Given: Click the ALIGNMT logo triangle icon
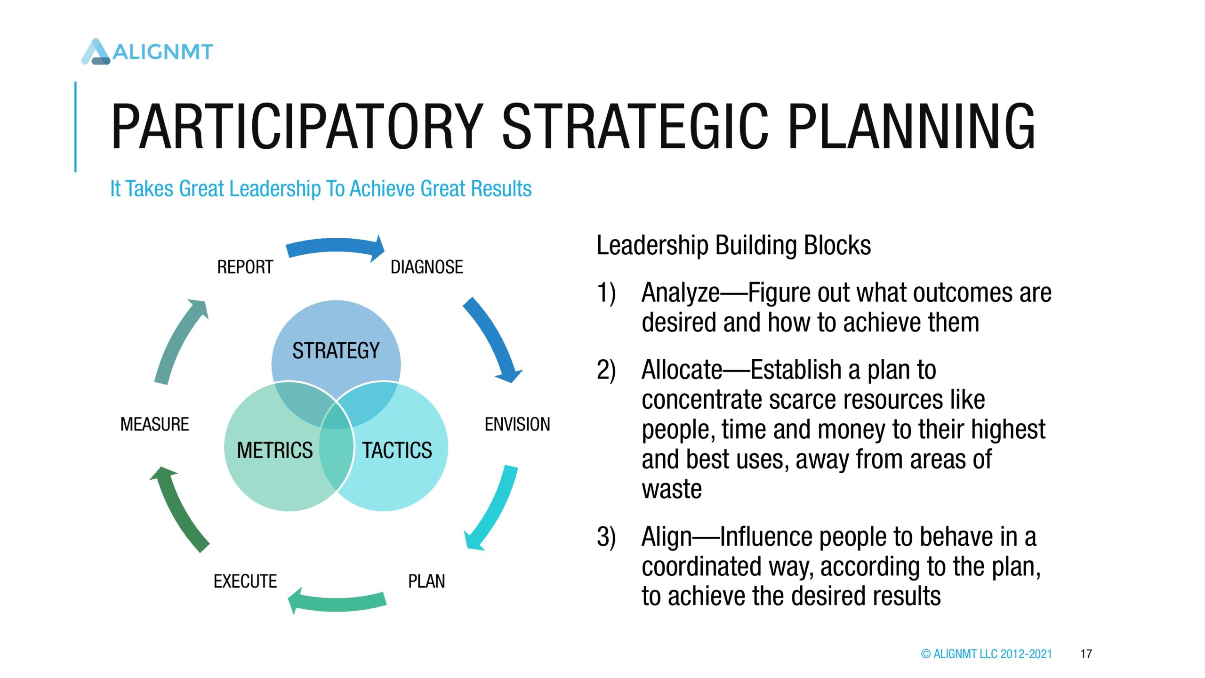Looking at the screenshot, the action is click(96, 52).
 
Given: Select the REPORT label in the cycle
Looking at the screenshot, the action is click(245, 267).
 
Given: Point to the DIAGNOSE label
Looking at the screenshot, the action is click(427, 267).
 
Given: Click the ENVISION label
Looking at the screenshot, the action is click(517, 424).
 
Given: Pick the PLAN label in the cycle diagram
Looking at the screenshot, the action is click(426, 581).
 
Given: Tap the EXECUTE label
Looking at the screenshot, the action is click(245, 581).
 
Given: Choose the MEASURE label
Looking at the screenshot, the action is click(154, 424).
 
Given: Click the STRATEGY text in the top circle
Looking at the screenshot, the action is click(336, 351).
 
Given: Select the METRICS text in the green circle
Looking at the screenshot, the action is click(275, 451).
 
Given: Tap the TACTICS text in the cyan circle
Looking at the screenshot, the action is click(397, 451).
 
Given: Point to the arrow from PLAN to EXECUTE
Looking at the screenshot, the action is click(337, 604).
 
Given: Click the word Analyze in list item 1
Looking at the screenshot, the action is click(681, 293).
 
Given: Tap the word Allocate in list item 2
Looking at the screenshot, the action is click(682, 370).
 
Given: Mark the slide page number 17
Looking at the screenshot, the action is click(1086, 654).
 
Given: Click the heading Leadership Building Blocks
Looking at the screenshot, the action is click(734, 246).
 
